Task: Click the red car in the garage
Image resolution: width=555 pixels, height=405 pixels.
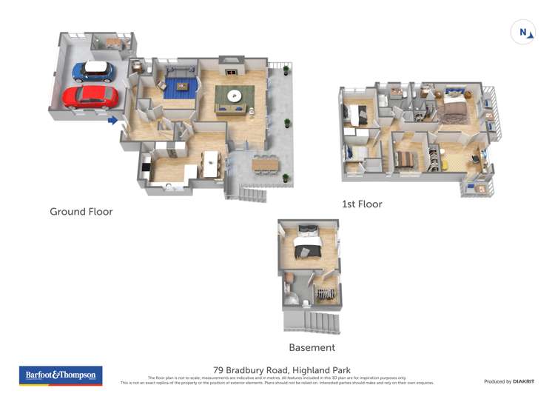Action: click(90, 96)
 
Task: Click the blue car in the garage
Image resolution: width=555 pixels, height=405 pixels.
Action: click(93, 71)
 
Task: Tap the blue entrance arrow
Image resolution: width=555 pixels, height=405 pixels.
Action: click(112, 120)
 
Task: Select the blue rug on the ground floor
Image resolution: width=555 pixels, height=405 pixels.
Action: click(178, 89)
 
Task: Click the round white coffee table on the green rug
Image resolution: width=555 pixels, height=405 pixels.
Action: click(235, 96)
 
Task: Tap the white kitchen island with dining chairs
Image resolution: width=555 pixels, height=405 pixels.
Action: click(212, 164)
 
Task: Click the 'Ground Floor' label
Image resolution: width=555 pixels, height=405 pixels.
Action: click(81, 212)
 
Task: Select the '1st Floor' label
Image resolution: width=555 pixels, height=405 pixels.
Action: click(362, 204)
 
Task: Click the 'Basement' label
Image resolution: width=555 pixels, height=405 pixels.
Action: click(311, 347)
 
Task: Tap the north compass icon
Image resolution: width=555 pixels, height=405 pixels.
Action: click(522, 33)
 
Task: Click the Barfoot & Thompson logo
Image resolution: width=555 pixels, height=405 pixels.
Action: click(61, 375)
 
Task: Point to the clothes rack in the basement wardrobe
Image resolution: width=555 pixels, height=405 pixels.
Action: click(325, 294)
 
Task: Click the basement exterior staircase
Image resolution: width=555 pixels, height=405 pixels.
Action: click(310, 322)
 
